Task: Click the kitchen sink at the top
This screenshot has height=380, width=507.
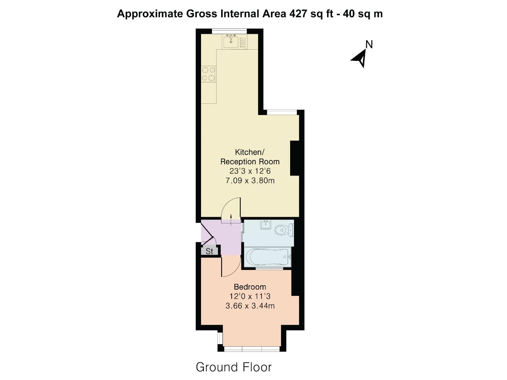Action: pos(231,42)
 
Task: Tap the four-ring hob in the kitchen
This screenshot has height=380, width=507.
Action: pos(208,74)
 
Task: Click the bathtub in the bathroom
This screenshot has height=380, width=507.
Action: pos(268,258)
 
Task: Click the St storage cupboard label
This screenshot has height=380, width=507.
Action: pos(209,251)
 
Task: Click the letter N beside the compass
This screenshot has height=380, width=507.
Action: pos(369,44)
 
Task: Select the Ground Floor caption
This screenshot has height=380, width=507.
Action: pos(234,367)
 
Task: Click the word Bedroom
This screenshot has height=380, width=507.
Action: pos(250,287)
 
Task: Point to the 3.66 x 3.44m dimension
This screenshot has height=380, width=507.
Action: pos(250,306)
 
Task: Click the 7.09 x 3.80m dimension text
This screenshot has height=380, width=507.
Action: pos(250,181)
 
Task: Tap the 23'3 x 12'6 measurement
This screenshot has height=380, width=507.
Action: pos(250,171)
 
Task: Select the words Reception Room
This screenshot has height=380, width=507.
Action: pos(250,162)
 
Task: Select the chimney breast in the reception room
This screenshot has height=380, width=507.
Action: pos(295,158)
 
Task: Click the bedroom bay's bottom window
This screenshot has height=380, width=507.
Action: pos(252,349)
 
